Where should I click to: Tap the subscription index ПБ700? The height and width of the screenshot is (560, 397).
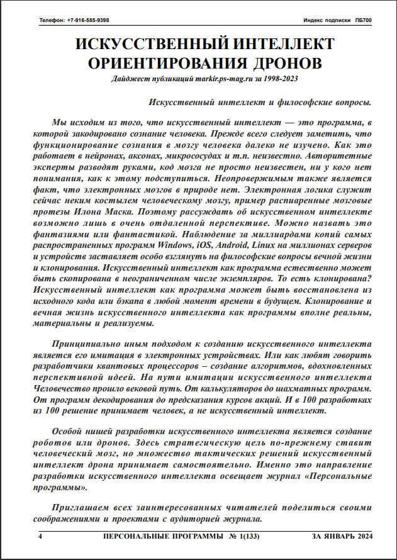[x=362, y=20]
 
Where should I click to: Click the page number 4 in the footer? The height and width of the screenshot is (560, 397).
[x=40, y=535]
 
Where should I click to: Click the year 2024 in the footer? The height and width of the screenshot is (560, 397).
[x=361, y=535]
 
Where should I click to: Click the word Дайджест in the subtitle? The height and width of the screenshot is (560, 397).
[x=130, y=79]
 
